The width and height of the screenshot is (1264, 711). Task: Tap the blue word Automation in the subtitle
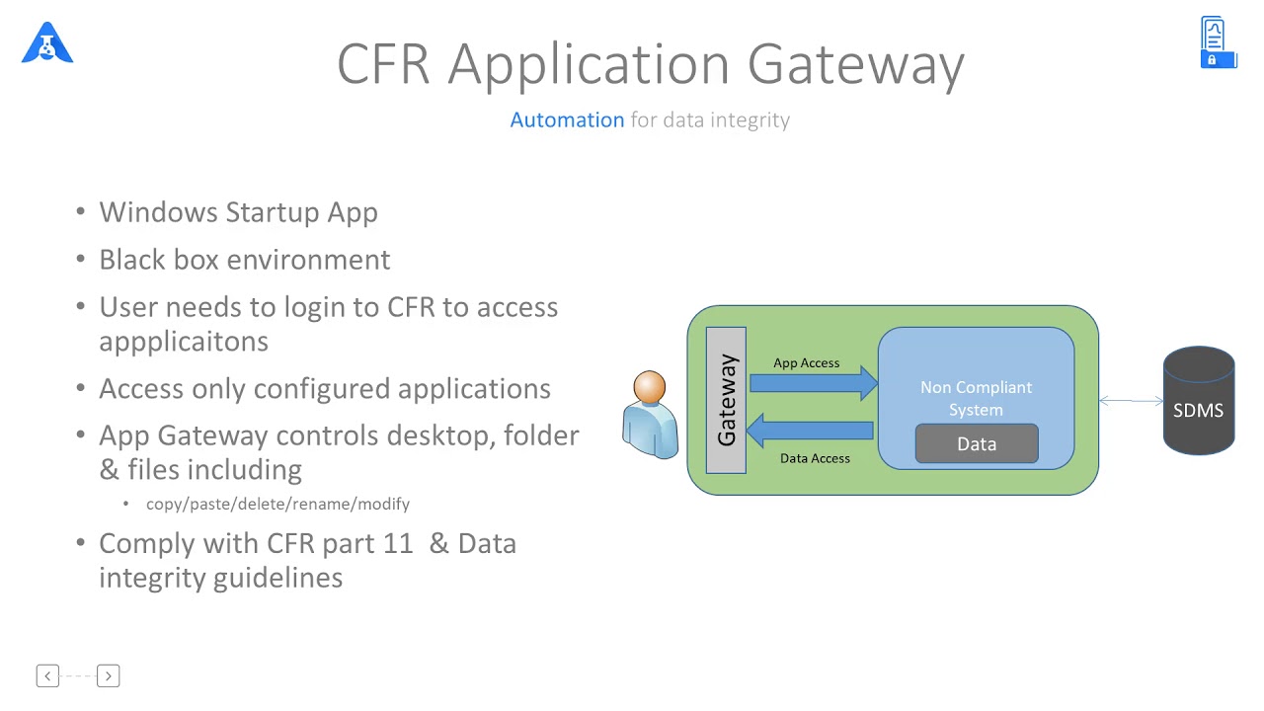[567, 119]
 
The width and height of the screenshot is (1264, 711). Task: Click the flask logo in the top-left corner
[47, 43]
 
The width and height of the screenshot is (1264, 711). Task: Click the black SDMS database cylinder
[1198, 402]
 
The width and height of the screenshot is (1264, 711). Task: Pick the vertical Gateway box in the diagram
[726, 400]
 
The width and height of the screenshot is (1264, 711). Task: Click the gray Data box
[977, 444]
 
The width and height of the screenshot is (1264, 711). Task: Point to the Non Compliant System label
[976, 398]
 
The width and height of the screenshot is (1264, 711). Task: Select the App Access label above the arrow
[806, 362]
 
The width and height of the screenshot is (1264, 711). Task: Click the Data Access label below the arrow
[815, 458]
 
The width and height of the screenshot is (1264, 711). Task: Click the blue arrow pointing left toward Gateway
[810, 430]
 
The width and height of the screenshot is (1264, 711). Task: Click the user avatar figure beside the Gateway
[650, 415]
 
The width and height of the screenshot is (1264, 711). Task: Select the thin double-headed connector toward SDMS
[1131, 401]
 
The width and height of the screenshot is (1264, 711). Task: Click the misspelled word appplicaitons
[184, 342]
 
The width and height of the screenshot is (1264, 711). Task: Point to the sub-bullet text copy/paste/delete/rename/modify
[277, 504]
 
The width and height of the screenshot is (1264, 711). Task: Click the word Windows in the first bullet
[158, 212]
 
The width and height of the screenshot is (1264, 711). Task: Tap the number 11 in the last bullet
[397, 544]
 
